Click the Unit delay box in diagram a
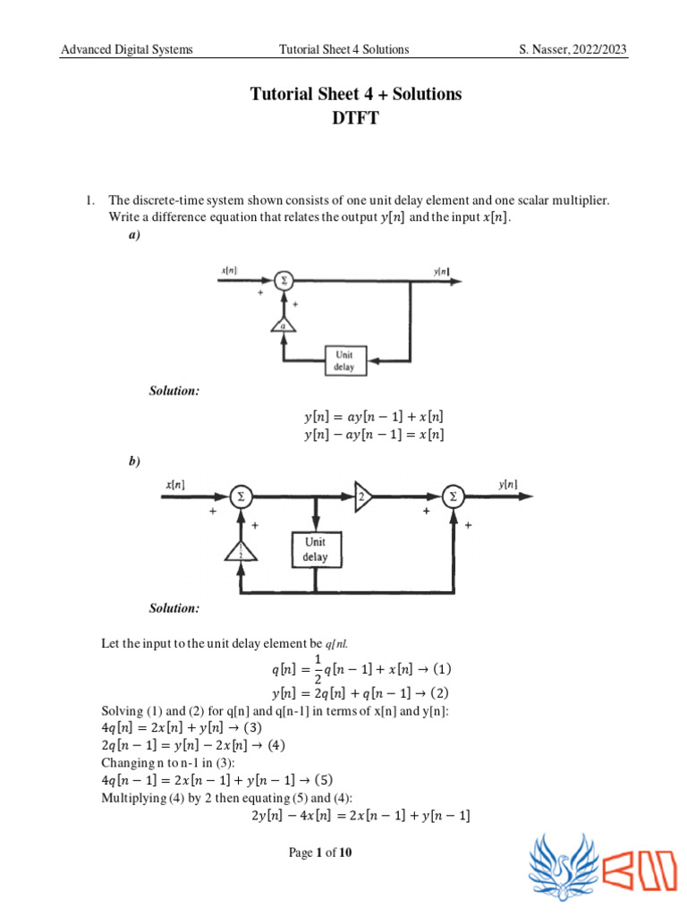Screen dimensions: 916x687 344,360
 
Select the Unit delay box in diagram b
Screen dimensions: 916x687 315,549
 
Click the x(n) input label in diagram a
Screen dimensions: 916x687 230,269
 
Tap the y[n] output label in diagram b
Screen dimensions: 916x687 507,484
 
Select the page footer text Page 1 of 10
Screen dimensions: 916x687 321,852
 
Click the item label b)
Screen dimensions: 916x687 134,461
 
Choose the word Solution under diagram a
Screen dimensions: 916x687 174,390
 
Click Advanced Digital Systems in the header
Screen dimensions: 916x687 126,49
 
